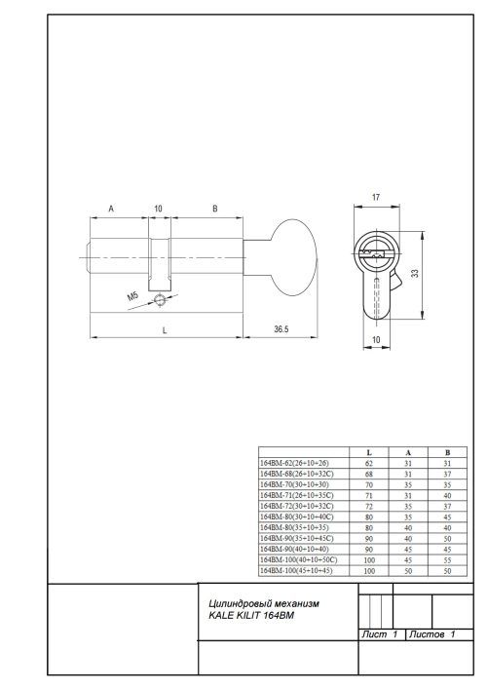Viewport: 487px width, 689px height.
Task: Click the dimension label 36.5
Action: click(280, 330)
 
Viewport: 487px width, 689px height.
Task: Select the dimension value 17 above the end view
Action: click(376, 199)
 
